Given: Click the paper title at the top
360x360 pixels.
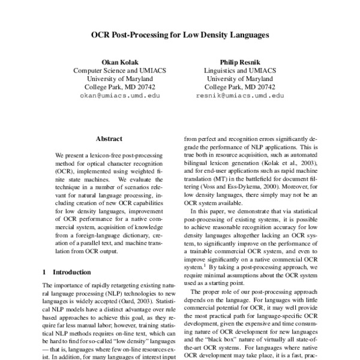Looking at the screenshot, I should tap(180, 35).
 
